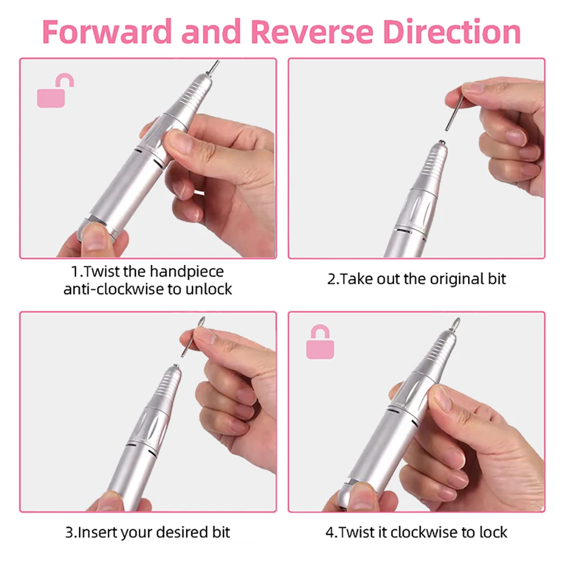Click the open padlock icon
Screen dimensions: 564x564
point(55,90)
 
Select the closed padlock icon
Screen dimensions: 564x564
point(320,342)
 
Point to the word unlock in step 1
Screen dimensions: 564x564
point(209,289)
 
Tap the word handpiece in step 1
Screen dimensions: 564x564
point(187,272)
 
